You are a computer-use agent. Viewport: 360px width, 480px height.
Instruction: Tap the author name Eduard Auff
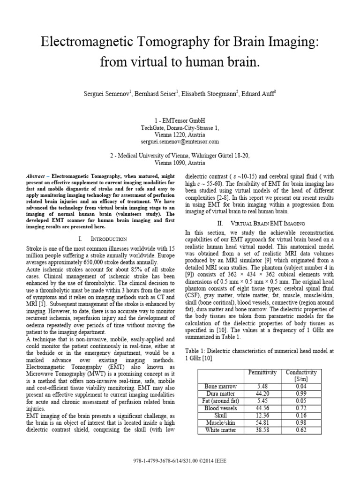[x=260, y=93]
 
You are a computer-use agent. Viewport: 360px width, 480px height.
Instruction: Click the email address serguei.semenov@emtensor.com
[x=180, y=141]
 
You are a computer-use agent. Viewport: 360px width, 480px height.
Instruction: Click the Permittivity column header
[x=263, y=372]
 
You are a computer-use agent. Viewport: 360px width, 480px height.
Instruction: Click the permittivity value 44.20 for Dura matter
[x=263, y=393]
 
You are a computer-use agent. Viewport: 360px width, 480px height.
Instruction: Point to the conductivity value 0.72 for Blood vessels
[x=300, y=408]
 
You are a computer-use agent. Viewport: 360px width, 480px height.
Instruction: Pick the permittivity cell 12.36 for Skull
[x=263, y=415]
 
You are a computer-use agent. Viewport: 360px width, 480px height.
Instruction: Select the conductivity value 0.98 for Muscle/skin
[x=300, y=422]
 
